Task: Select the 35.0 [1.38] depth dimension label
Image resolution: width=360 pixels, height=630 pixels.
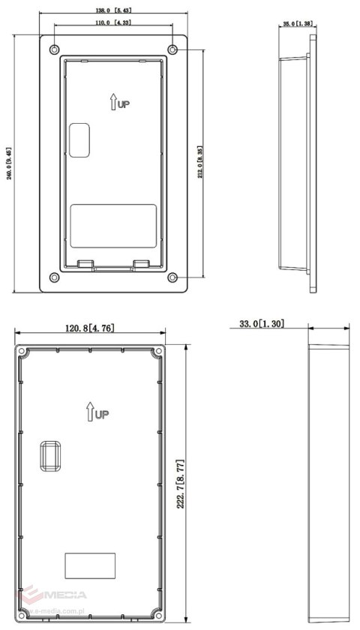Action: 298,24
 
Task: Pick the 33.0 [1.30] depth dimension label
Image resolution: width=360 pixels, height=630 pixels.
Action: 262,323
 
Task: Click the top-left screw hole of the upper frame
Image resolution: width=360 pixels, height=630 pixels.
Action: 53,49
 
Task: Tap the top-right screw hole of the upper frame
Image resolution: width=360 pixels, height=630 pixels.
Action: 173,49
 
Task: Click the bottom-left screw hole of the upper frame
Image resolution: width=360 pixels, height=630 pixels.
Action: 53,277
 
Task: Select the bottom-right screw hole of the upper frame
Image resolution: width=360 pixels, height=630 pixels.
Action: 173,277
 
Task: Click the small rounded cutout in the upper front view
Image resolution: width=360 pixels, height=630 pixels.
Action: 79,139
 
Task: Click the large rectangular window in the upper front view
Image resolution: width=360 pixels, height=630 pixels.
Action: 113,224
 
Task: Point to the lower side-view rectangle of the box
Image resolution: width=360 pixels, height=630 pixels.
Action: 331,483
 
